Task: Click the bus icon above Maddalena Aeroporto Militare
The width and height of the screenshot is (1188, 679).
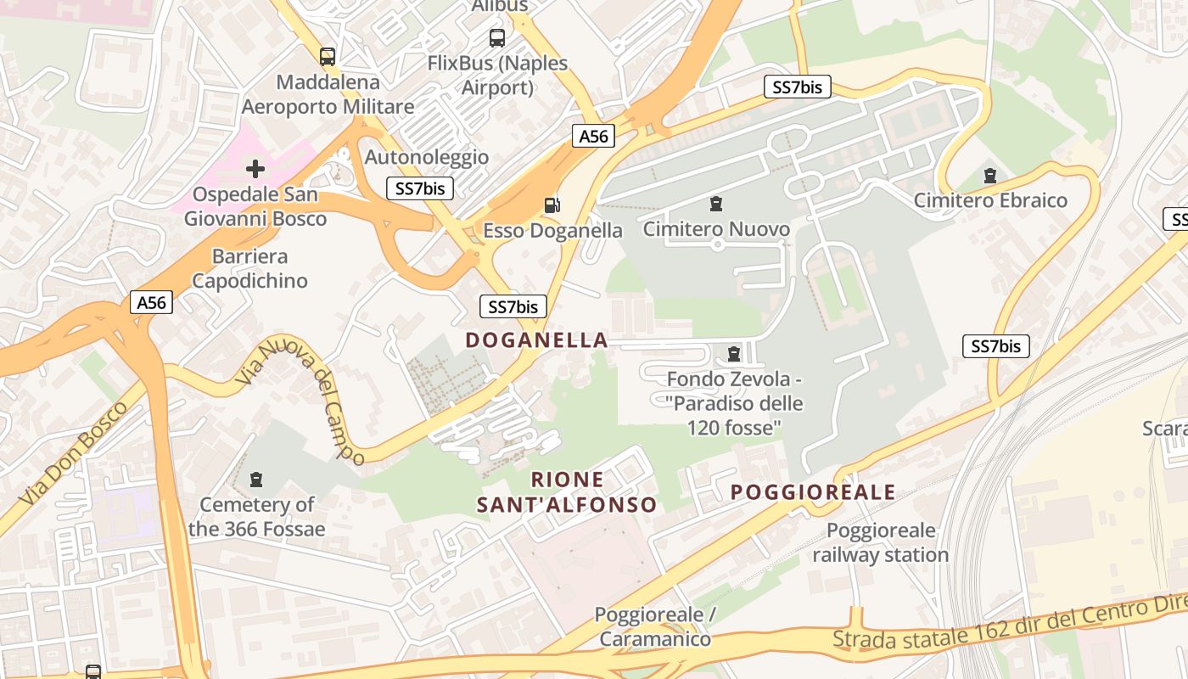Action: (x=328, y=57)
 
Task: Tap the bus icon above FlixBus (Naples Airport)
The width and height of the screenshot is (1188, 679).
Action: (x=497, y=38)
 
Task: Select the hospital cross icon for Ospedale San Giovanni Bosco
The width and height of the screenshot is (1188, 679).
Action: (x=255, y=168)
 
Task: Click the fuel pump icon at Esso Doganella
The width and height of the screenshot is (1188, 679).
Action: (x=552, y=205)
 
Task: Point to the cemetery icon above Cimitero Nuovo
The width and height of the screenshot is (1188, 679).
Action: (x=717, y=204)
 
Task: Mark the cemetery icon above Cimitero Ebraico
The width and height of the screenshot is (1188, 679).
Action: (x=989, y=176)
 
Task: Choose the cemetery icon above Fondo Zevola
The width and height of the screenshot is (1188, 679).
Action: (x=734, y=354)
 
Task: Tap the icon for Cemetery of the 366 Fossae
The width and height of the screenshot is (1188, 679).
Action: (x=256, y=480)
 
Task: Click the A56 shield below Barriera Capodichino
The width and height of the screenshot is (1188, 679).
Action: (x=152, y=302)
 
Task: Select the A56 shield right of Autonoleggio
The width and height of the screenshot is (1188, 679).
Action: (x=592, y=137)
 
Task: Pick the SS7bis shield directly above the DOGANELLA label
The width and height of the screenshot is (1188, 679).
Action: (x=513, y=306)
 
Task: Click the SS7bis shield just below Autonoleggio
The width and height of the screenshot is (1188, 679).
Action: (x=420, y=188)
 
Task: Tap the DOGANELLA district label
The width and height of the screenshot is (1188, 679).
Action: (x=536, y=340)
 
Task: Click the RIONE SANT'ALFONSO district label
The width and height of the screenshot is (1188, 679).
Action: (x=567, y=492)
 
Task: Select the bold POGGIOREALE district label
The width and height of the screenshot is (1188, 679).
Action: (x=813, y=492)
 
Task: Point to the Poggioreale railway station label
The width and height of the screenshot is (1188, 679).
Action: (x=881, y=543)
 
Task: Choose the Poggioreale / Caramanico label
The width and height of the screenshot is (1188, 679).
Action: (x=655, y=626)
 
